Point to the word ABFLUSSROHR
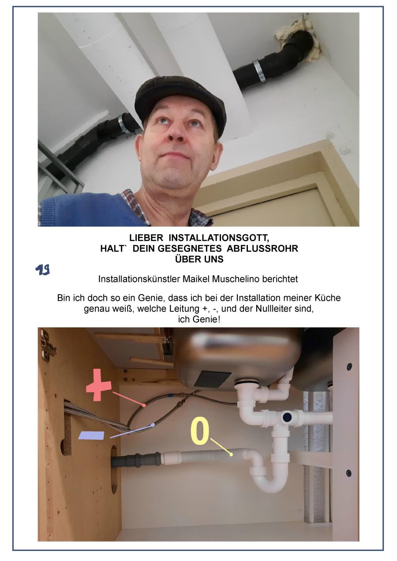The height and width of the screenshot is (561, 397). (x=262, y=248)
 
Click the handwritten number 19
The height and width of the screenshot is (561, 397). (x=43, y=270)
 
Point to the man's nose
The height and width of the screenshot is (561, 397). (x=176, y=133)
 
